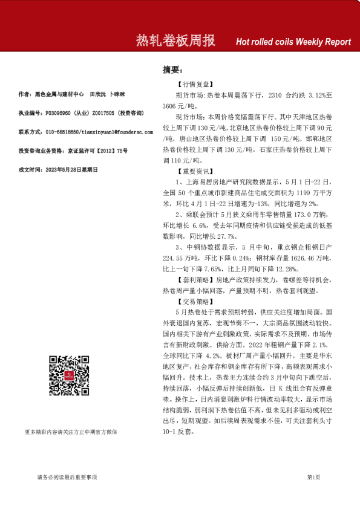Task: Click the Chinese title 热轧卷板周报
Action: pos(175,41)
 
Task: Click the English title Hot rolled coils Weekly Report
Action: pos(293,42)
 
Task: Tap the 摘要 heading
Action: pos(171,70)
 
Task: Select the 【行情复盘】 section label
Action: pos(194,86)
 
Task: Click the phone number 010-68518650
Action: pos(61,131)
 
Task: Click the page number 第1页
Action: pos(313,477)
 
